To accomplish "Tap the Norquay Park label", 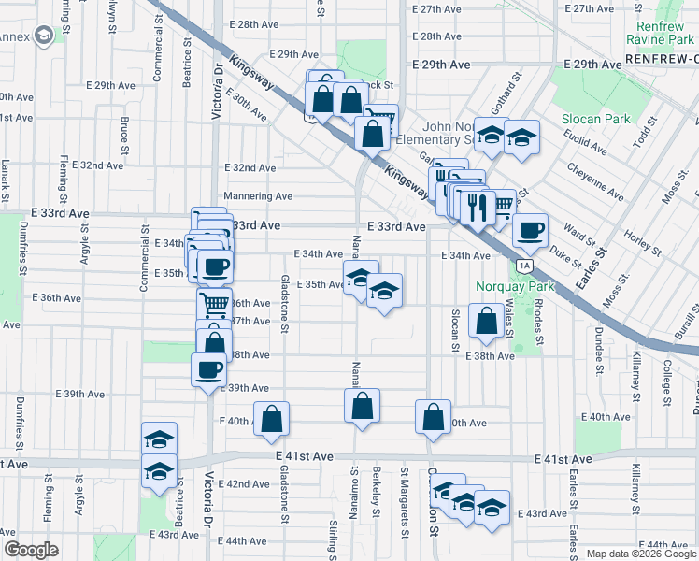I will (x=515, y=286).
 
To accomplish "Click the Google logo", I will (x=31, y=549).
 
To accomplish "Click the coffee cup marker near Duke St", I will (x=530, y=231).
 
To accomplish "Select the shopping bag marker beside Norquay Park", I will (x=486, y=321).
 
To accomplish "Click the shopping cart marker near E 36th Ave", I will (x=214, y=304).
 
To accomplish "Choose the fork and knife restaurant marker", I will (x=477, y=206).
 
